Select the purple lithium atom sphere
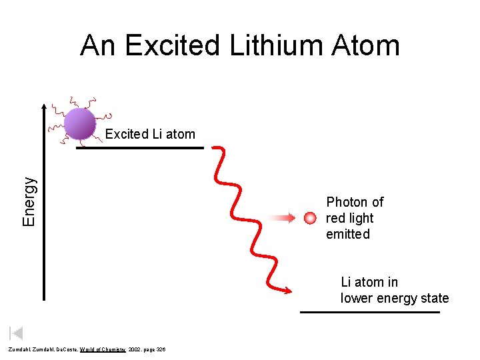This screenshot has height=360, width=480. point(80,123)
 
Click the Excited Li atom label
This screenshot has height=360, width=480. point(150,134)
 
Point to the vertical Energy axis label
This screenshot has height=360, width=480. point(29,200)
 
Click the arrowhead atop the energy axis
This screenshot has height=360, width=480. point(45,107)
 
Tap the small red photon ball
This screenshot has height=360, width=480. point(309,218)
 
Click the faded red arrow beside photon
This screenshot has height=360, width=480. point(283,218)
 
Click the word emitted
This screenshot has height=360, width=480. point(347,234)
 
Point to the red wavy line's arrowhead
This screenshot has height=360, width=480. point(289,290)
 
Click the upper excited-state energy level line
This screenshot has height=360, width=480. point(139,147)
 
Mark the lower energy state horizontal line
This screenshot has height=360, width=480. point(369,312)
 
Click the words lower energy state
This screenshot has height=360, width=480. point(395,298)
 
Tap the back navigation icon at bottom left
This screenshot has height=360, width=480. point(16,333)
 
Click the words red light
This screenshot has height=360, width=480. point(349,218)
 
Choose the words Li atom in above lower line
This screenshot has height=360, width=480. point(369,282)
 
